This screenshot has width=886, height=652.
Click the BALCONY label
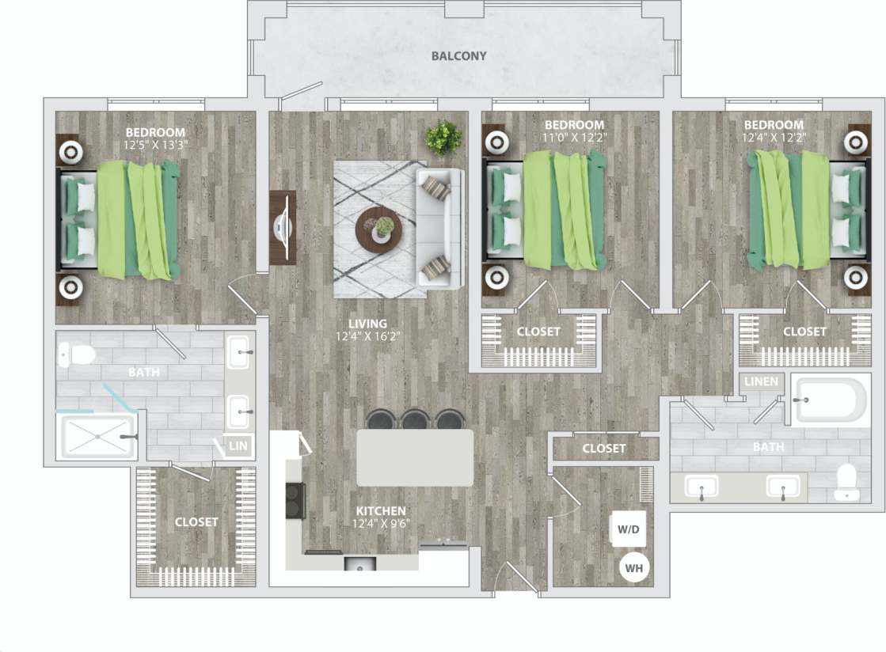tap(458, 56)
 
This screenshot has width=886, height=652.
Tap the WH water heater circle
tap(633, 567)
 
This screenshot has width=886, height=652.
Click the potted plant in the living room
tap(443, 138)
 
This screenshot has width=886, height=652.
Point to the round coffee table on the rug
tap(378, 228)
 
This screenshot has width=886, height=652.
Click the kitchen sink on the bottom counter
tap(361, 564)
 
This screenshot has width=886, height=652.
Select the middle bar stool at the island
tap(414, 419)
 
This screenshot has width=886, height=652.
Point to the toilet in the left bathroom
tap(77, 354)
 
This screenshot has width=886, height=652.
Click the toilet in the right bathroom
tap(846, 482)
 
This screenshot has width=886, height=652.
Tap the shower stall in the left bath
tap(95, 436)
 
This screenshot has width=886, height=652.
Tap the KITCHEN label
tap(380, 511)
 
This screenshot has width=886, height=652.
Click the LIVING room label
tap(368, 324)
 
